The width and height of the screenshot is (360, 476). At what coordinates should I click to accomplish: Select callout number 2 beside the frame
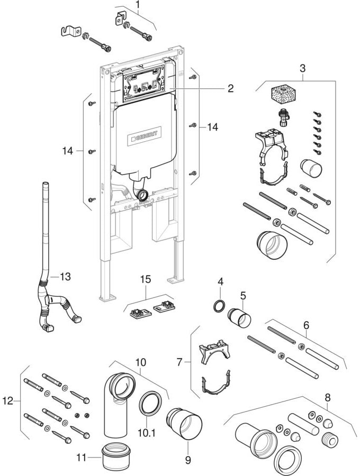pyautogui.click(x=230, y=88)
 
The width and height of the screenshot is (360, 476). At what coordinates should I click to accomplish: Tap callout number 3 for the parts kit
pyautogui.click(x=302, y=68)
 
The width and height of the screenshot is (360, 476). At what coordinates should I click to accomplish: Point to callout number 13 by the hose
pyautogui.click(x=65, y=276)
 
